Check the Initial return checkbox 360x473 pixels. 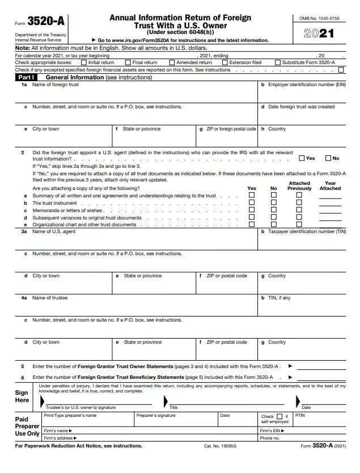click(84, 62)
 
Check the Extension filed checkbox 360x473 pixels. click(225, 62)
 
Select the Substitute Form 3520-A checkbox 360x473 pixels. click(277, 62)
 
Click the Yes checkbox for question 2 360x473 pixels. click(302, 158)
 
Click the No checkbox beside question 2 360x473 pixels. click(328, 158)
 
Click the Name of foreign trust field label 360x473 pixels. click(56, 85)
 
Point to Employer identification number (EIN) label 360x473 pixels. click(306, 85)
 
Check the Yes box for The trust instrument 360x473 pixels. click(252, 202)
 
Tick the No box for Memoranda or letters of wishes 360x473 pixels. click(274, 210)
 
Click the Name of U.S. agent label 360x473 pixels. click(54, 231)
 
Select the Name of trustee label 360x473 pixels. click(50, 298)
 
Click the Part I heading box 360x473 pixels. click(27, 77)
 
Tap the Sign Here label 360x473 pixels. click(22, 396)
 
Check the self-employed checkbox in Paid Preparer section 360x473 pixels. click(279, 416)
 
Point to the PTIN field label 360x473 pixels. click(300, 415)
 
